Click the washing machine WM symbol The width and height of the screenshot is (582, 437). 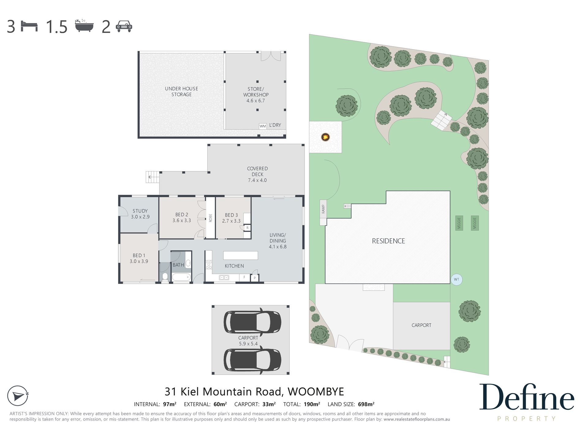[x=263, y=126]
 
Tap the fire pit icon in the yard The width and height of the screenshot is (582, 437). [x=325, y=137]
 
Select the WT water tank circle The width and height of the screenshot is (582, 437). [x=456, y=279]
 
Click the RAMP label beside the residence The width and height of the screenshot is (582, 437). [x=323, y=209]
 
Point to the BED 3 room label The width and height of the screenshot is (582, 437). [x=231, y=215]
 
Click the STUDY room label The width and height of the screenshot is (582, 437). [x=140, y=211]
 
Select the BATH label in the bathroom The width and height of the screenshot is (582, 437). [x=178, y=265]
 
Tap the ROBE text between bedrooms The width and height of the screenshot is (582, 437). [x=210, y=218]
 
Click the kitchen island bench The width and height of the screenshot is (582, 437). [x=240, y=255]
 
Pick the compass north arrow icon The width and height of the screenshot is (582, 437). [x=18, y=396]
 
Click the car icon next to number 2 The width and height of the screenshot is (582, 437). [x=124, y=26]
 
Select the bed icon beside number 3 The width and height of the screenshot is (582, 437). [x=29, y=26]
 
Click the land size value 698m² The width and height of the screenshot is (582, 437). [x=366, y=404]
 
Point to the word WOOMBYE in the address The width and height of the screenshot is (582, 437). [x=316, y=392]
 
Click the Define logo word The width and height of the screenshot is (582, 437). [x=526, y=397]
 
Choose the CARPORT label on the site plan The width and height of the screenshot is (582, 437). [x=421, y=325]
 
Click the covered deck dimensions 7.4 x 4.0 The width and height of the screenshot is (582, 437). [x=257, y=180]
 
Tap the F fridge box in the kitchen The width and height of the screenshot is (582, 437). [x=244, y=277]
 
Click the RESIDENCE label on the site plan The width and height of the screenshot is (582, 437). [x=388, y=241]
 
